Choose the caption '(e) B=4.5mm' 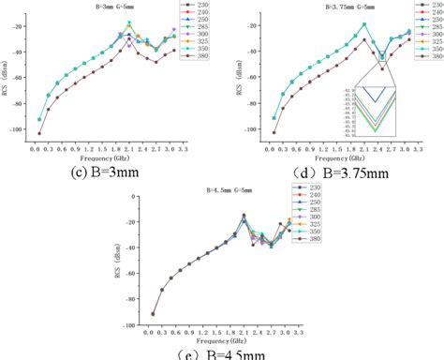point(220,353)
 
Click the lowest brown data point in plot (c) point(39,133)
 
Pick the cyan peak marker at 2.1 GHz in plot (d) point(363,24)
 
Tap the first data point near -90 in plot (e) point(153,314)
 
